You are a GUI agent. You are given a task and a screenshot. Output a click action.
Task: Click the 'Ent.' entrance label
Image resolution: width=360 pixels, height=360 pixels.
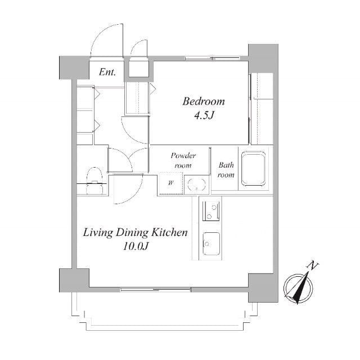[x=107, y=71]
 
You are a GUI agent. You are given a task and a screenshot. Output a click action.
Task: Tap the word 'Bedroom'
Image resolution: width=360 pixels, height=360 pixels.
[x=203, y=101]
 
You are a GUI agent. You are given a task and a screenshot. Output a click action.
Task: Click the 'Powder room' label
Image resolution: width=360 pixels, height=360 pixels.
[x=183, y=160]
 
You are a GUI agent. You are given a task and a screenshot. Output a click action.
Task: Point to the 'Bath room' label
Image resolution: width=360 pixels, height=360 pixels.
[x=226, y=170]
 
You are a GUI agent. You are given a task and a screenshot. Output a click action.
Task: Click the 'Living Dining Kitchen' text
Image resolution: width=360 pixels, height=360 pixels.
[x=135, y=232]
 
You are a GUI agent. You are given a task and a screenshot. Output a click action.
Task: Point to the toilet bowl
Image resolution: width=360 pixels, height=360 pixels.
[x=94, y=173]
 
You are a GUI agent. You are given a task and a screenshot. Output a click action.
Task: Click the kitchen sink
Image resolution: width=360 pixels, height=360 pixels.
[x=211, y=242]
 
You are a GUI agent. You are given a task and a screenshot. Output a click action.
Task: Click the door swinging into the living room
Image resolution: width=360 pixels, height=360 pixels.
[x=122, y=190]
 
